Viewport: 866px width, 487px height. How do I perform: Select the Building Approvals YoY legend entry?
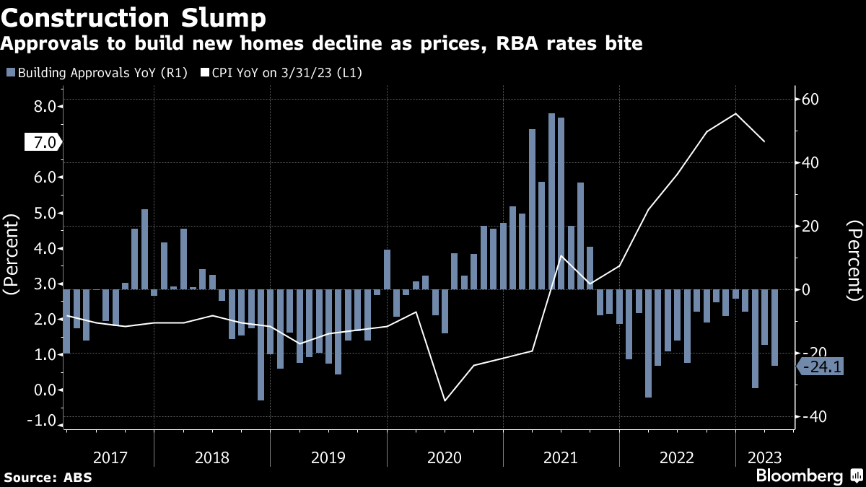(x=97, y=73)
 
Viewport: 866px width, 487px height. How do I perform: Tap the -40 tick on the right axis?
(x=810, y=417)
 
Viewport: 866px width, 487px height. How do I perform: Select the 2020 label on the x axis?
(x=445, y=458)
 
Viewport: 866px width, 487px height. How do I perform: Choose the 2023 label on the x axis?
(x=764, y=458)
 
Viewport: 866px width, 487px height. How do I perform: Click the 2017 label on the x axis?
(x=110, y=458)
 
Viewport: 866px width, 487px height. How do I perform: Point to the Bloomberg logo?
(x=799, y=475)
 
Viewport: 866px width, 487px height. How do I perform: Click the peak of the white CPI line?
(x=735, y=113)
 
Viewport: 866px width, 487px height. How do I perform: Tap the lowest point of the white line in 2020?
(x=445, y=400)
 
